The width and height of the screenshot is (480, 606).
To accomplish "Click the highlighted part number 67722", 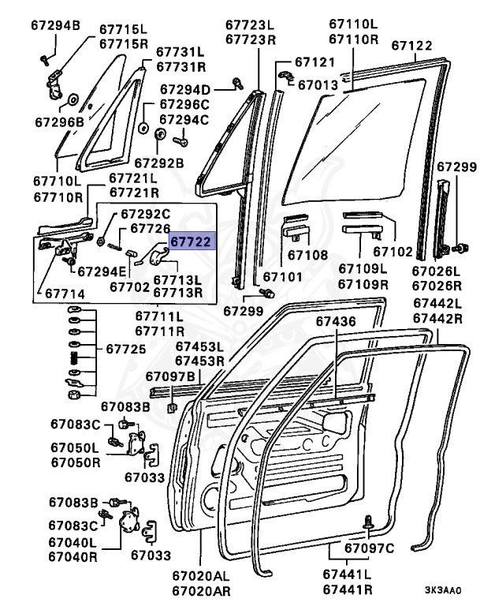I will [192, 242].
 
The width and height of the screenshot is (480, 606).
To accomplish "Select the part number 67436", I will [337, 322].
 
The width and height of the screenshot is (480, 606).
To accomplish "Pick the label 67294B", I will [56, 26].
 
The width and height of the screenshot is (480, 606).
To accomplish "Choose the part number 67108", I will [307, 255].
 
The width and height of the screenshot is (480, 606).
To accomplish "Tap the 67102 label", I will [393, 252].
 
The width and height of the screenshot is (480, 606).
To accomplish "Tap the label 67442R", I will [437, 318].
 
